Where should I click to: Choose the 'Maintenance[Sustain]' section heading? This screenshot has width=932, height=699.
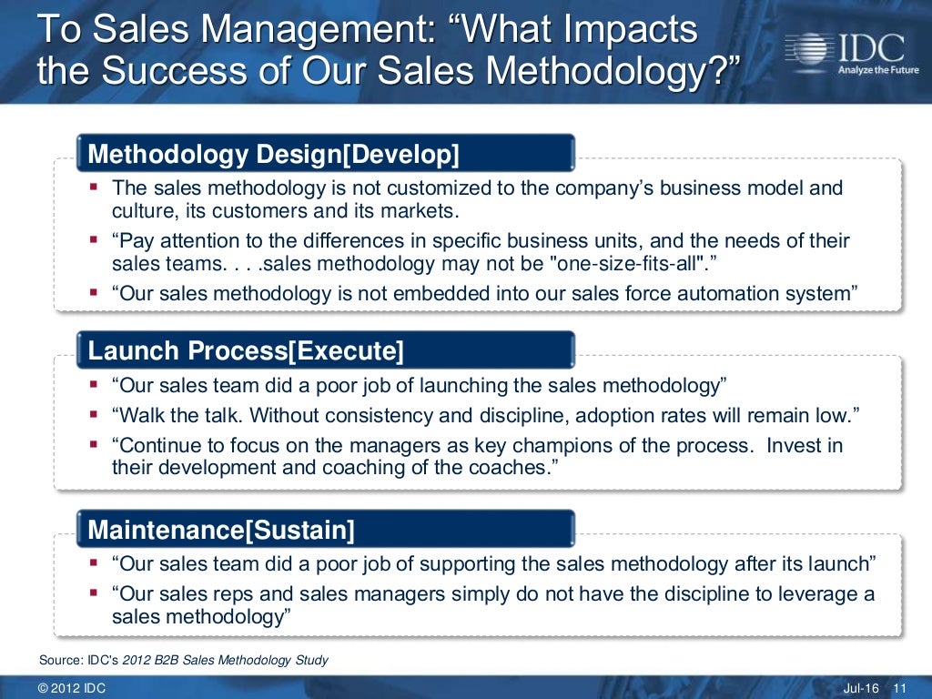(221, 529)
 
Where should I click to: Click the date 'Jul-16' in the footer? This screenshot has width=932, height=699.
(861, 687)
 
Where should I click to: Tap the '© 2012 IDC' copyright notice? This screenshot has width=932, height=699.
(72, 687)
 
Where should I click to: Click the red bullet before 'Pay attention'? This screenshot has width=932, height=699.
(94, 241)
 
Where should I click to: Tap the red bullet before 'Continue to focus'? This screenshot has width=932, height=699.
(94, 446)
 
